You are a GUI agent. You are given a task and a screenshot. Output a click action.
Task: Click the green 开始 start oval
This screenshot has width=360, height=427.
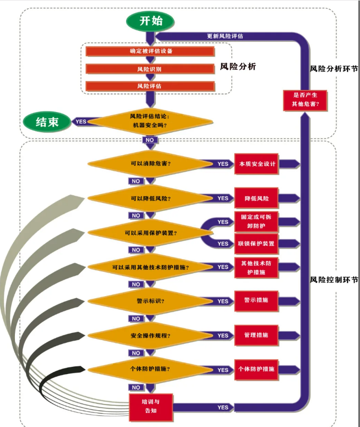tap(151, 21)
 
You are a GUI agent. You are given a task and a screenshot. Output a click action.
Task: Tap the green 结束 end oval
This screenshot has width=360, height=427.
tap(47, 122)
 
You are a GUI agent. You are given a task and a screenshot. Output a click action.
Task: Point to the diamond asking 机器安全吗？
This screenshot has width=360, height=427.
tap(150, 121)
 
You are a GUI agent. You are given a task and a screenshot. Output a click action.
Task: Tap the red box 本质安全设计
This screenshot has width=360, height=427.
tap(257, 164)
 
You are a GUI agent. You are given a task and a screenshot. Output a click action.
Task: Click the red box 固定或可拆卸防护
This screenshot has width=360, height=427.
tap(257, 221)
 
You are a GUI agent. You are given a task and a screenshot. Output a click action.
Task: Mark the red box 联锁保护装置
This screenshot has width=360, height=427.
tap(257, 243)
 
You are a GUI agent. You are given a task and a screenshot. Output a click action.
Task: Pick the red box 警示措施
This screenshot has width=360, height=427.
tap(257, 301)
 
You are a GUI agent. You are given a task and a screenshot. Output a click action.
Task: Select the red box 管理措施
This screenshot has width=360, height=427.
tap(257, 335)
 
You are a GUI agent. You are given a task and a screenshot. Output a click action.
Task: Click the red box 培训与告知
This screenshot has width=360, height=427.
tap(150, 407)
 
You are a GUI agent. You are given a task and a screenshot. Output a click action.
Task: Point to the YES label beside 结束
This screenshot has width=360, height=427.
tap(81, 122)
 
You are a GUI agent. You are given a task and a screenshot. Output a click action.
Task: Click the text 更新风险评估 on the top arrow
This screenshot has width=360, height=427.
tap(225, 36)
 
